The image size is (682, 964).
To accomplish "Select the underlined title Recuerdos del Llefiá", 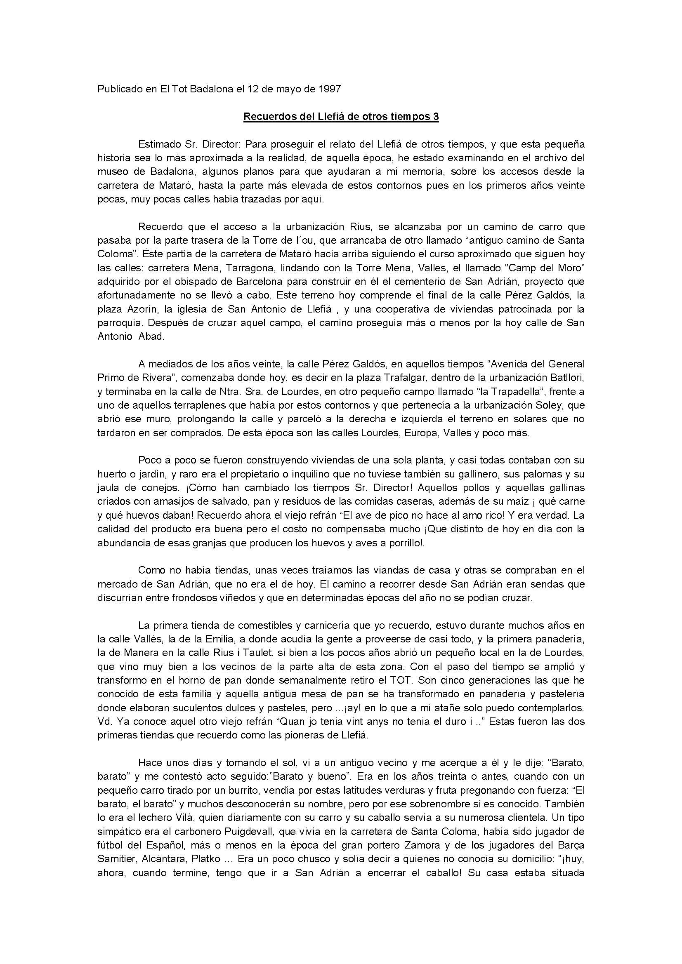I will click(341, 117).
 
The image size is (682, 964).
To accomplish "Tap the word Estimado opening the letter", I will click(159, 144).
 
